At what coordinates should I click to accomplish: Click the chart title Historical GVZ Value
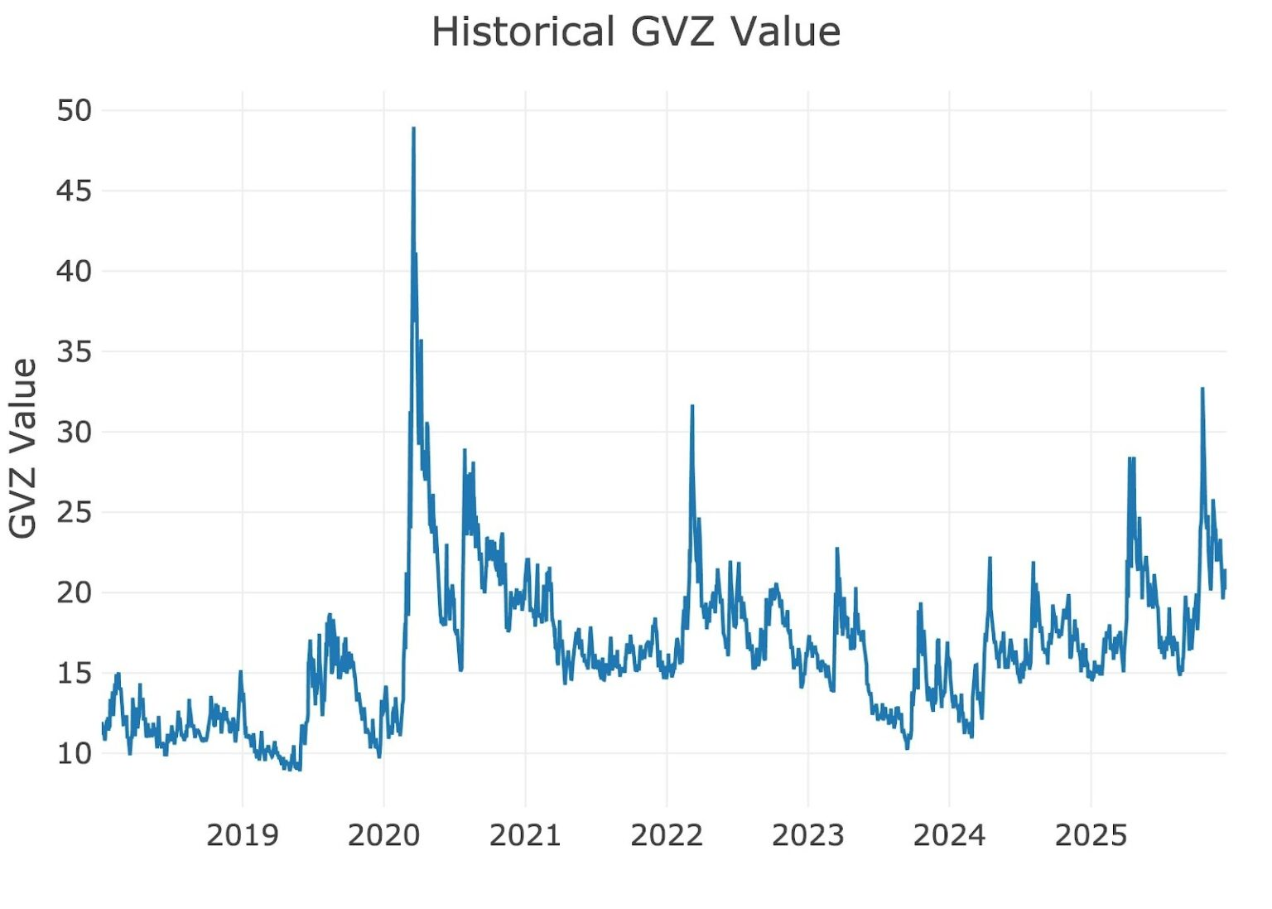coord(636,33)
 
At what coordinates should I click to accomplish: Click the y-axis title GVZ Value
coord(24,448)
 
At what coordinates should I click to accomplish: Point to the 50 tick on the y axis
coord(75,110)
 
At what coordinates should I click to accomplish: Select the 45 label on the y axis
coord(75,191)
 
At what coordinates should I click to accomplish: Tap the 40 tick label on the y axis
coord(75,271)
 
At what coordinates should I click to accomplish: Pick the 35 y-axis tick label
coord(75,351)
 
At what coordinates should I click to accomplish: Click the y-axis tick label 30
coord(75,432)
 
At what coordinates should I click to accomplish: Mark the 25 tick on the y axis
coord(75,512)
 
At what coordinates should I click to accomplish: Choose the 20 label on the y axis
coord(75,592)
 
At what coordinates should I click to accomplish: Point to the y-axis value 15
coord(75,673)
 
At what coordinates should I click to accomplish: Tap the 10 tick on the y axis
coord(75,753)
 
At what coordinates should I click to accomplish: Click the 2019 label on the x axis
coord(242,835)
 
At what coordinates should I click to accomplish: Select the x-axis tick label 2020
coord(383,835)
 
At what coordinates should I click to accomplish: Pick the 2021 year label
coord(525,835)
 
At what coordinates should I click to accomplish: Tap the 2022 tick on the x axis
coord(667,835)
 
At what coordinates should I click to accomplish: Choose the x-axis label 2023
coord(808,835)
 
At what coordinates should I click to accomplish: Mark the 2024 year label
coord(949,835)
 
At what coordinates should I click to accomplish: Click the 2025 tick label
coord(1091,835)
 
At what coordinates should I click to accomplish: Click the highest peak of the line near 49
coord(413,128)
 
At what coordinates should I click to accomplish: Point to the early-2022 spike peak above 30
coord(692,406)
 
